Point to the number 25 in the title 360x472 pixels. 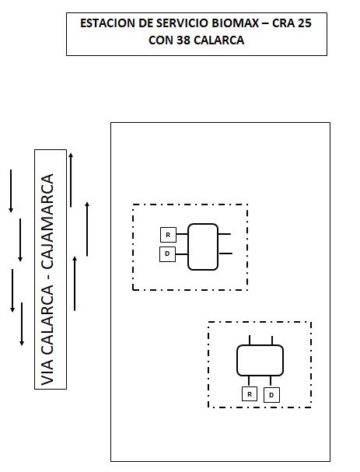pyautogui.click(x=305, y=23)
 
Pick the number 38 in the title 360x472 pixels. pyautogui.click(x=183, y=40)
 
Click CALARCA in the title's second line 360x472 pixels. pyautogui.click(x=218, y=40)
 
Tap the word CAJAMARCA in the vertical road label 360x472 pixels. pyautogui.click(x=47, y=222)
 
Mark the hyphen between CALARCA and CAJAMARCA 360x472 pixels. pyautogui.click(x=48, y=278)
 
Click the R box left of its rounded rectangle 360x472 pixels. pyautogui.click(x=168, y=235)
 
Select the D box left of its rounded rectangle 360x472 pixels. pyautogui.click(x=167, y=253)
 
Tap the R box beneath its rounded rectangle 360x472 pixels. pyautogui.click(x=250, y=394)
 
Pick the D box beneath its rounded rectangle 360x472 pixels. pyautogui.click(x=271, y=395)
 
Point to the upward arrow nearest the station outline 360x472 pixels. pyautogui.click(x=87, y=229)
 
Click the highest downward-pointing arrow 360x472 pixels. pyautogui.click(x=11, y=191)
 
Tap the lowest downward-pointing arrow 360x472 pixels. pyautogui.click(x=22, y=324)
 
